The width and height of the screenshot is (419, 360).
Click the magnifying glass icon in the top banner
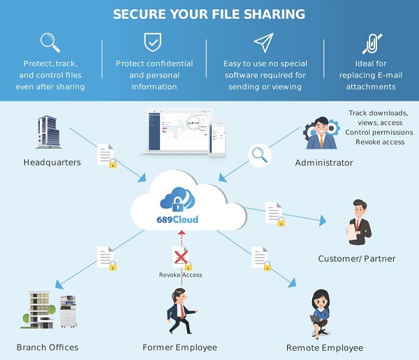50,43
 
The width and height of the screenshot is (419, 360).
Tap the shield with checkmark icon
154,43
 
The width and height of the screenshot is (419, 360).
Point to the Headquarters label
52,162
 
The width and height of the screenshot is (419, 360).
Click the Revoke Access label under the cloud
180,275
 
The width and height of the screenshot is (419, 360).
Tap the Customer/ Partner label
356,259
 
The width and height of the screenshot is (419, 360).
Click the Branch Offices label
47,347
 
